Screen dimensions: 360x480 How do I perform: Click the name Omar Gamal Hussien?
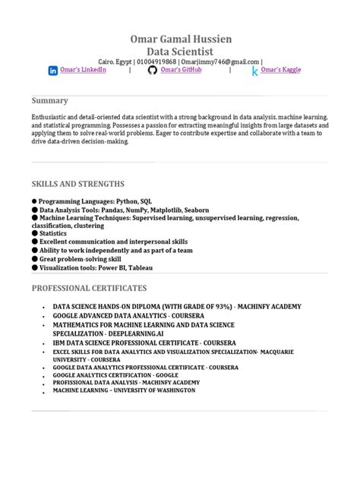(179, 39)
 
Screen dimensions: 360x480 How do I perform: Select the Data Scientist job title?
(179, 51)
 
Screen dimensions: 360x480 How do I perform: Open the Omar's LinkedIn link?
(84, 70)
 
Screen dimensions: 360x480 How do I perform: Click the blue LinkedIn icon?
(53, 71)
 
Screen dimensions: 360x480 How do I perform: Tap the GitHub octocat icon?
(152, 71)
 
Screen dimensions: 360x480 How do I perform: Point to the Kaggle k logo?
(255, 71)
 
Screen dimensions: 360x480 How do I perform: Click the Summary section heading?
(49, 100)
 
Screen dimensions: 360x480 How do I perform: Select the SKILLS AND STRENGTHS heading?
(77, 184)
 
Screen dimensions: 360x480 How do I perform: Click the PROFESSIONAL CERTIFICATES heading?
(89, 288)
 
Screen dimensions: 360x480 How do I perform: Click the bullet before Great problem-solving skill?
(34, 258)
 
